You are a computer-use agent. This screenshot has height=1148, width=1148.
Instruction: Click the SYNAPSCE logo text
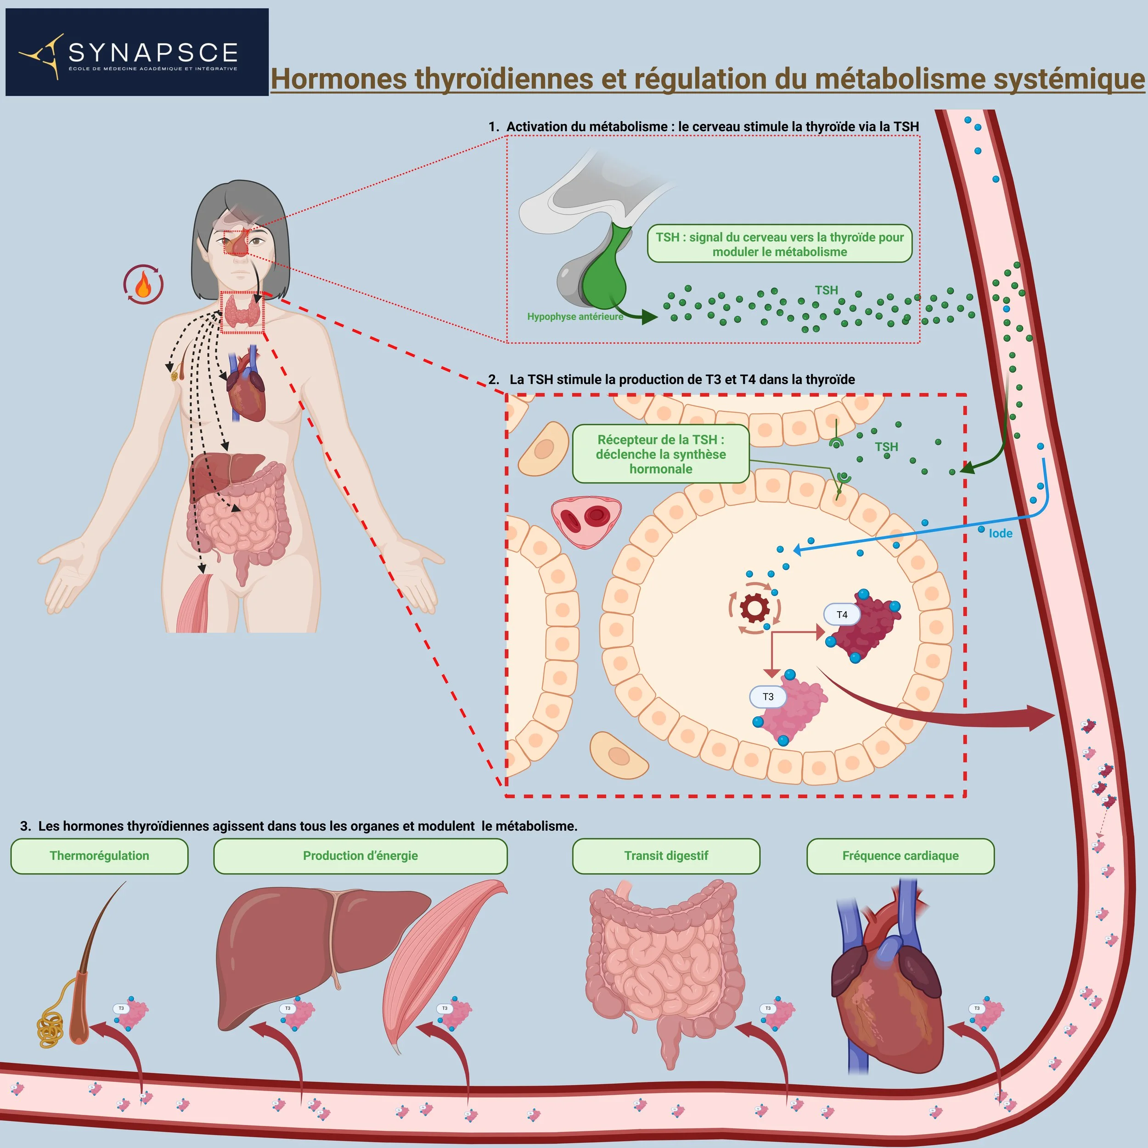tap(153, 53)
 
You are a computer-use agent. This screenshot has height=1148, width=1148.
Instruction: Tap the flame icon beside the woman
tap(143, 285)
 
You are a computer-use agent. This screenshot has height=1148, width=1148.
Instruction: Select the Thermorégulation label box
tap(99, 855)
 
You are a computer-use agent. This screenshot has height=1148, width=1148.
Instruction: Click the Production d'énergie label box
tap(360, 855)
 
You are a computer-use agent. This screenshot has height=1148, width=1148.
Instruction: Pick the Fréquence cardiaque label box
tap(900, 855)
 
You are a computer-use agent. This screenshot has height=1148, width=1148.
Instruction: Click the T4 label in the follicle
tap(841, 614)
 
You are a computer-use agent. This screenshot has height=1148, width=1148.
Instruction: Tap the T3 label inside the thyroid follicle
tap(768, 697)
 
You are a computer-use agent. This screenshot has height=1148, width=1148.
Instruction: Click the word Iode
tap(1000, 534)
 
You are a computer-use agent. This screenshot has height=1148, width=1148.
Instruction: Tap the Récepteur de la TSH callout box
tap(660, 454)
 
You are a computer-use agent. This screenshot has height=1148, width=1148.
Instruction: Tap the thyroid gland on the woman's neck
tap(242, 311)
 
